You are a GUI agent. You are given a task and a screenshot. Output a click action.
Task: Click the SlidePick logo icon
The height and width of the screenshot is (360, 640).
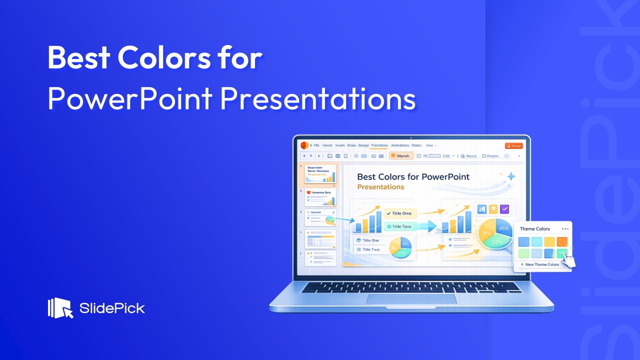coord(60,308)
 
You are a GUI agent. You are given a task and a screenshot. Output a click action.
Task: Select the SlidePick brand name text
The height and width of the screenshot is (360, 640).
coord(112,308)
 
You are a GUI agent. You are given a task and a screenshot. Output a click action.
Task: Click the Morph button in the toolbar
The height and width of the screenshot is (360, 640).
coord(401,156)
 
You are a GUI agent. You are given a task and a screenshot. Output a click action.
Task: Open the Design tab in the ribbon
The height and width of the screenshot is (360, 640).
coord(363,145)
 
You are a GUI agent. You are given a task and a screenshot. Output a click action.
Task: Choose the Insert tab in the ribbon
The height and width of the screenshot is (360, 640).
coord(340,145)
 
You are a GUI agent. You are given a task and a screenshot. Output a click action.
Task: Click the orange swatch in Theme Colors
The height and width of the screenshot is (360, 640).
coord(562,242)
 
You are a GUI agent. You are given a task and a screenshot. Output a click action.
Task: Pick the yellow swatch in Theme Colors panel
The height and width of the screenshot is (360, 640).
coord(549,242)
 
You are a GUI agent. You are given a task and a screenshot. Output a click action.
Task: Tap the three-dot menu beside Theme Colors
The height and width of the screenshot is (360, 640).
coord(565,229)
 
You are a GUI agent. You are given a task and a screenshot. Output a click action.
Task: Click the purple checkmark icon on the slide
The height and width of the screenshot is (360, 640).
coord(504,209)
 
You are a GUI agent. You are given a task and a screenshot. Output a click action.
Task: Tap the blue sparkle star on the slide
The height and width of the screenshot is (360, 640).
coord(510,176)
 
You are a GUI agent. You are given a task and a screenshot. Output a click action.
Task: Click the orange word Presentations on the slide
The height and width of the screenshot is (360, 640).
coord(380,187)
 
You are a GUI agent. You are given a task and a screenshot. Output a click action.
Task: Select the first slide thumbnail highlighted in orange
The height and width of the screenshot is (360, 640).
coord(320,174)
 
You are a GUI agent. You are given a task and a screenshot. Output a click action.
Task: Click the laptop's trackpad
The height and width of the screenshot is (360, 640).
coord(411,298)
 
